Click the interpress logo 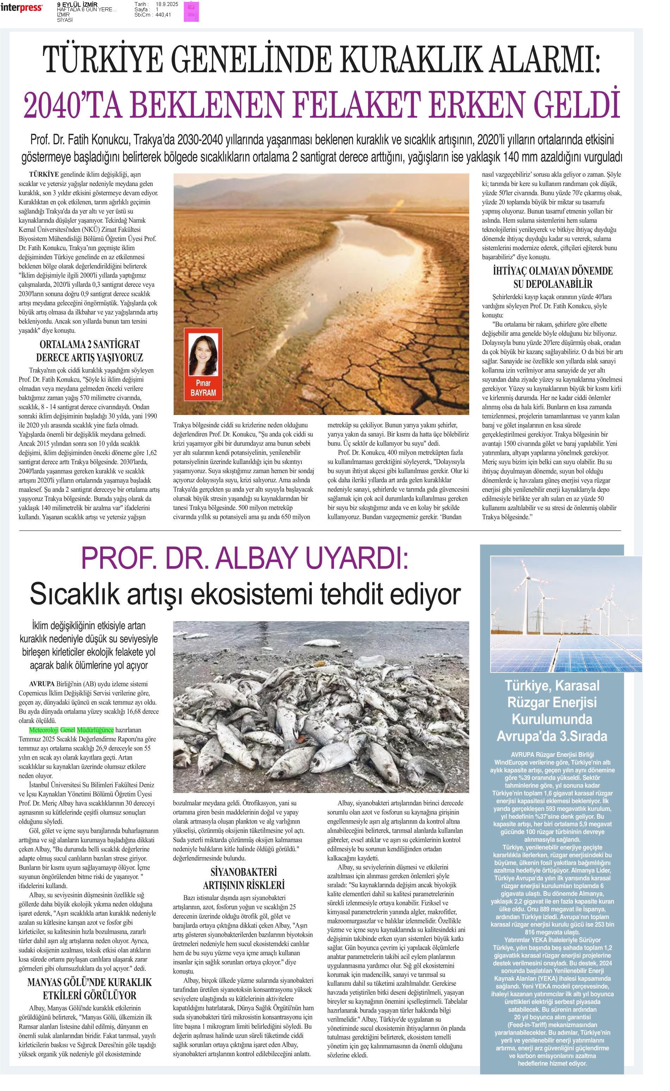pos(21,7)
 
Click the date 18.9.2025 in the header pos(167,4)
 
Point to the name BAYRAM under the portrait pos(203,393)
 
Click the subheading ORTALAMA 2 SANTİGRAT pos(89,344)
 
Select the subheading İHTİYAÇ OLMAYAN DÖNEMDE pos(553,271)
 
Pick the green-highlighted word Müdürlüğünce pos(95,730)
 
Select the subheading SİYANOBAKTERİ pos(243,872)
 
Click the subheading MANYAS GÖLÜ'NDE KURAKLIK pos(89,982)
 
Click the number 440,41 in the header pos(163,15)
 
